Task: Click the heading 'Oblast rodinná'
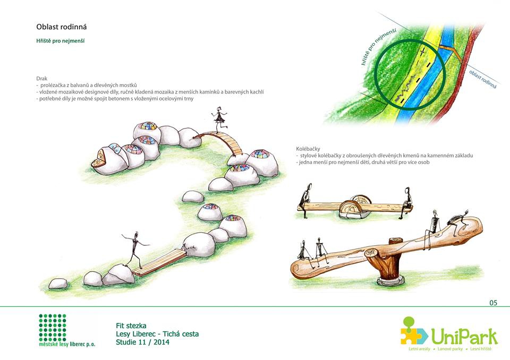62,27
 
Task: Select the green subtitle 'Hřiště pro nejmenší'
61,41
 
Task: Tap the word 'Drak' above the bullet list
41,79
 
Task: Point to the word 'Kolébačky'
308,149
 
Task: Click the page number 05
494,303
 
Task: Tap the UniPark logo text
464,336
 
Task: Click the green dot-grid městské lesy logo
53,328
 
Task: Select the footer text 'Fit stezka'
131,325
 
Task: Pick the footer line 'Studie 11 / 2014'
142,342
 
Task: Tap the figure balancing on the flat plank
134,248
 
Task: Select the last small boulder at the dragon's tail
58,284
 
